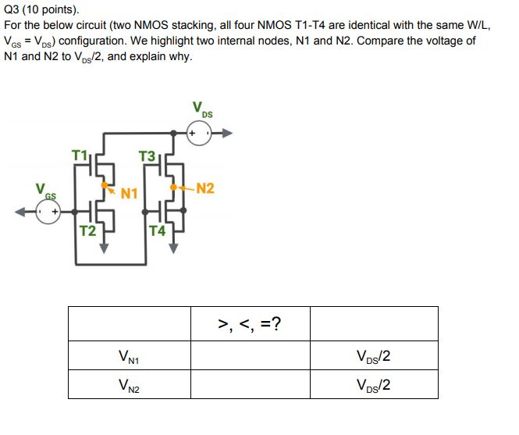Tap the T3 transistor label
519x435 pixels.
tap(146, 157)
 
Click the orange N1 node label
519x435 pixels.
tap(130, 192)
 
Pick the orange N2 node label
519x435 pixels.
tap(206, 188)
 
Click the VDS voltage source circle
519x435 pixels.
tap(199, 134)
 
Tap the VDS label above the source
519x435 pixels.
tap(202, 110)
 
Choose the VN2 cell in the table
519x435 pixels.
tap(130, 384)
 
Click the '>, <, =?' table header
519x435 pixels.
tap(250, 323)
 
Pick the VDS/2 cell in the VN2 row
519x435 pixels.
tap(373, 384)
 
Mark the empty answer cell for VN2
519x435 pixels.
tap(250, 384)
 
